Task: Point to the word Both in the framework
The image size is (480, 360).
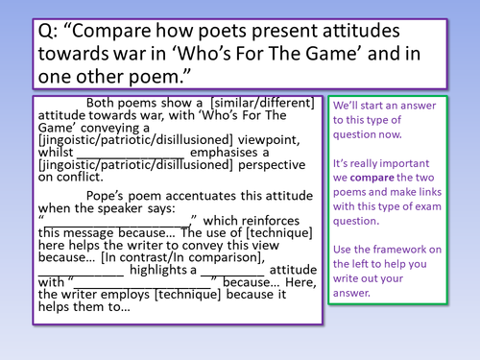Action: [x=103, y=104]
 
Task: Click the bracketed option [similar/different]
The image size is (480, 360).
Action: [x=267, y=104]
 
